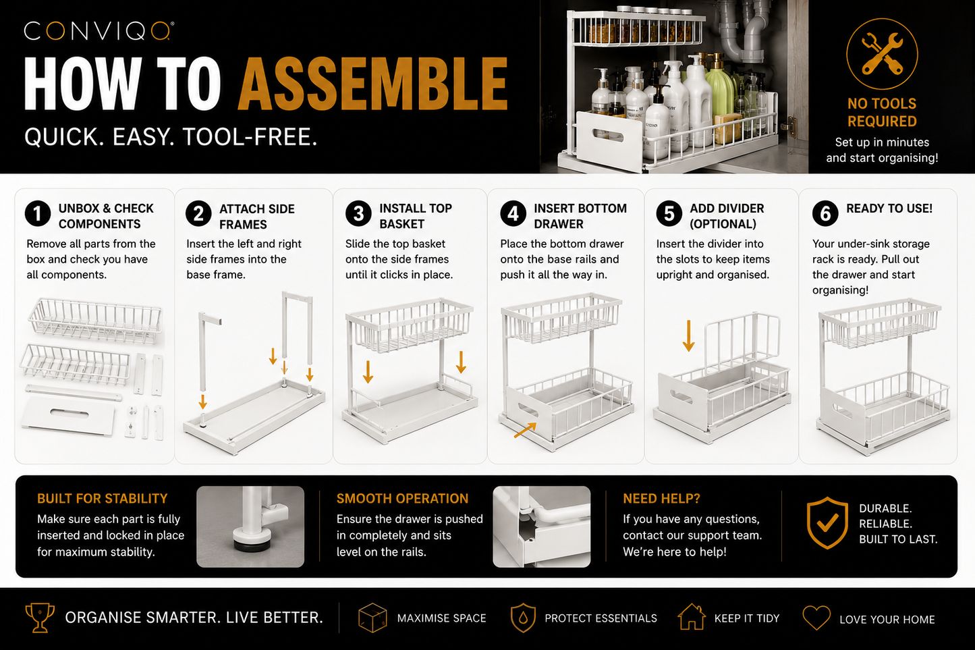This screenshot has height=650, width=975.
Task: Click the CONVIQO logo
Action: point(99,31)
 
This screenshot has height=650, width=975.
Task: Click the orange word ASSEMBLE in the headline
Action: point(373,84)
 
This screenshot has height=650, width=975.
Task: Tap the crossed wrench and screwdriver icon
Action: point(882,53)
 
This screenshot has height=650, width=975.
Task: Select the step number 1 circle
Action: point(38,214)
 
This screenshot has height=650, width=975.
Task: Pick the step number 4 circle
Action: point(513,214)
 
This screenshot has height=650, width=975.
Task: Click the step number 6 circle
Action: point(825,214)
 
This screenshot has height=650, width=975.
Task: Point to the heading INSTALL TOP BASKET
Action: point(416,216)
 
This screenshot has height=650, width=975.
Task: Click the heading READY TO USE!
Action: point(889,209)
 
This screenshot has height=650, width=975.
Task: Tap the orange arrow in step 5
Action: point(689,335)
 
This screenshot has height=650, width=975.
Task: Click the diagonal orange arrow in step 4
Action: point(525,430)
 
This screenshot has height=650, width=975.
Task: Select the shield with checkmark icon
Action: point(827,522)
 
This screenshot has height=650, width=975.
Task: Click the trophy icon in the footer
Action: point(40,618)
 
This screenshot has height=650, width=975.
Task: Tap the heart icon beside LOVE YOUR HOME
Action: point(816,618)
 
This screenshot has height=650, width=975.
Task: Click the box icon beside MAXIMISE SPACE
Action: point(372,618)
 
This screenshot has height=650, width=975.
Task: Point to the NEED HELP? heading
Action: point(661,499)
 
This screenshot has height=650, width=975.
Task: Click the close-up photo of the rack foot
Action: point(250,526)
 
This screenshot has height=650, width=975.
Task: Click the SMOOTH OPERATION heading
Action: point(402,499)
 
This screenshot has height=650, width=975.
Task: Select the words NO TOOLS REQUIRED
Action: point(882,112)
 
